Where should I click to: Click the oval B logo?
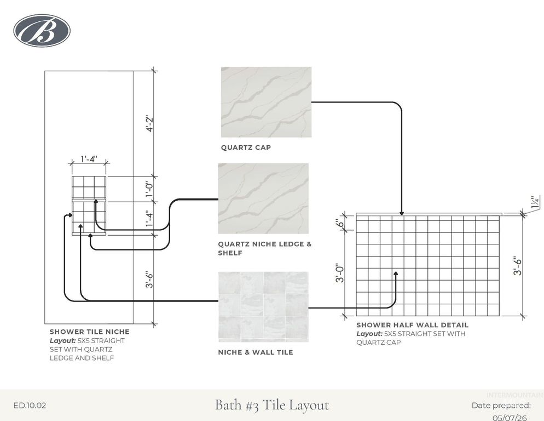(x=42, y=31)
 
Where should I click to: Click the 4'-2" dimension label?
(x=149, y=123)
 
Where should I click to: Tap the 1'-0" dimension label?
(x=149, y=189)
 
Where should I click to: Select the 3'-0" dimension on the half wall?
(x=340, y=273)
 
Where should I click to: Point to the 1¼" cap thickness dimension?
(x=535, y=202)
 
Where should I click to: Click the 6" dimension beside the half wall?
(x=341, y=223)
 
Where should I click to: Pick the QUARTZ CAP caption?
(x=246, y=147)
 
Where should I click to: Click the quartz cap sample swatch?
(x=266, y=102)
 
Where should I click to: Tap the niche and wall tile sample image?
(x=263, y=307)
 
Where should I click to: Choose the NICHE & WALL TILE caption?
(x=256, y=352)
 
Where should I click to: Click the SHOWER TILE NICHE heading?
(x=90, y=332)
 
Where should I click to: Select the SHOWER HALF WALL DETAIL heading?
(x=413, y=325)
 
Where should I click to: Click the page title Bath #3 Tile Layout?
(x=272, y=405)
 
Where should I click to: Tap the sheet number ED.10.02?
(x=30, y=405)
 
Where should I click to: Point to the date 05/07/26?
(x=510, y=417)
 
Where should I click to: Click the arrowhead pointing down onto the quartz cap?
(x=401, y=213)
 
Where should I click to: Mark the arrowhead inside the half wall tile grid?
(x=396, y=275)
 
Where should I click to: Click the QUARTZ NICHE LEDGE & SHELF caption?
(x=265, y=248)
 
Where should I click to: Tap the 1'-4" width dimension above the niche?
(x=89, y=159)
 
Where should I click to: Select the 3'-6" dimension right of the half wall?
(x=518, y=266)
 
